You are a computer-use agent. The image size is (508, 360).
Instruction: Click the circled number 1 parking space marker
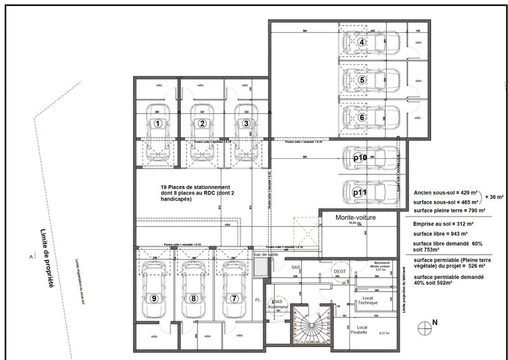tap(158, 123)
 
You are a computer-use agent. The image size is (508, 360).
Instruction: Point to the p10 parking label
tap(360, 157)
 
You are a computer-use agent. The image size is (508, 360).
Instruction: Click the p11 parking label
tap(360, 192)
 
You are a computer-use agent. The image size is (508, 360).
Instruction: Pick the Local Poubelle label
tap(362, 330)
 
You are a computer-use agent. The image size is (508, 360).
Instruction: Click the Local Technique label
tap(368, 300)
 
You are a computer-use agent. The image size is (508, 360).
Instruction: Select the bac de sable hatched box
tap(261, 268)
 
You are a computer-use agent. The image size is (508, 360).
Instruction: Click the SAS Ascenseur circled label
tap(274, 304)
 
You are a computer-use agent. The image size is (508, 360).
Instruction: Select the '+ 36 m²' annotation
tap(494, 197)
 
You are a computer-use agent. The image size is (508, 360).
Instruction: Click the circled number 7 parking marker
tap(234, 298)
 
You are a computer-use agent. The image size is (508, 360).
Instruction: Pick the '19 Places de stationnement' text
tap(195, 187)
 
